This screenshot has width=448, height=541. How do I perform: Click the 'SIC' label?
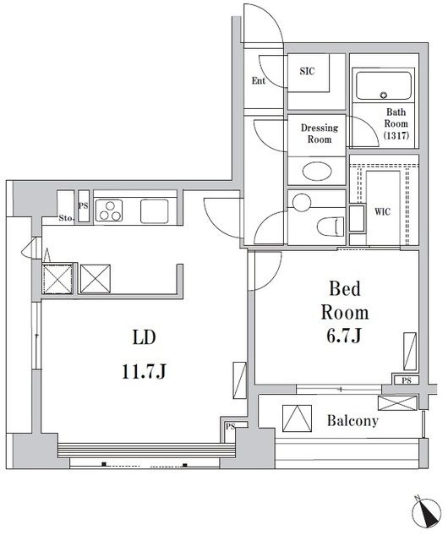point(307,71)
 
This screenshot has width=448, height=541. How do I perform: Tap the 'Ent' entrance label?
point(258,81)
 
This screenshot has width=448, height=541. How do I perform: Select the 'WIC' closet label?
point(382,211)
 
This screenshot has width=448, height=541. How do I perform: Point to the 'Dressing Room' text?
point(320,134)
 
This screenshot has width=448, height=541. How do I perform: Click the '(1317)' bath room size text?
point(396,135)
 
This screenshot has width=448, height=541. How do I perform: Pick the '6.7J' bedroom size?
point(344,336)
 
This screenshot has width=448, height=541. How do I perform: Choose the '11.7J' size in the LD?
point(144,371)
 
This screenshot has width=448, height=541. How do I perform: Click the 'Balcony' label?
point(352,421)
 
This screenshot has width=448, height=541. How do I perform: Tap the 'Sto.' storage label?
point(66,218)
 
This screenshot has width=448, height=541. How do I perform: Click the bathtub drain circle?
point(383,95)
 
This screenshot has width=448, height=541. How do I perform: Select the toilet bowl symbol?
point(331,227)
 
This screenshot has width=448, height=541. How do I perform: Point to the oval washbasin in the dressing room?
point(317,171)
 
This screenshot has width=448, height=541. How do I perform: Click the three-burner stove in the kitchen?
point(110,210)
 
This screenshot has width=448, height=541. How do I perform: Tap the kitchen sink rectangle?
point(155,210)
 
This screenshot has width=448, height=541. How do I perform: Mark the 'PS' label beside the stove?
point(83,206)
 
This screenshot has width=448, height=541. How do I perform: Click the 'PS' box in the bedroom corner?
point(407,380)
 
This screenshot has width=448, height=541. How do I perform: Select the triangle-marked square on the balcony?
point(297,418)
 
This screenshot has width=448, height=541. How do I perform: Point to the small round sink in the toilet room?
point(301,203)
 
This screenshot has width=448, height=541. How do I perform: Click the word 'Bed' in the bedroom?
point(345,289)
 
